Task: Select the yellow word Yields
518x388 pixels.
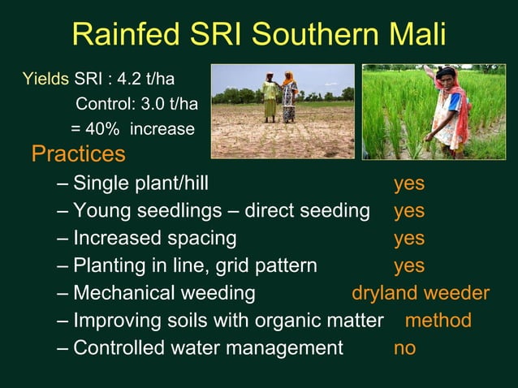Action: (x=45, y=80)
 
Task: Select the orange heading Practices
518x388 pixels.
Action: (x=78, y=153)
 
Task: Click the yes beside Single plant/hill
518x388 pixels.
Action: (x=409, y=183)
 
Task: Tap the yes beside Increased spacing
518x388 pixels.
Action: (x=409, y=239)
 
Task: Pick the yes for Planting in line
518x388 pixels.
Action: (x=409, y=266)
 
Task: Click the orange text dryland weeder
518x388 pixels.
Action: (x=421, y=293)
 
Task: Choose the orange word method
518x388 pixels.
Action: (x=438, y=321)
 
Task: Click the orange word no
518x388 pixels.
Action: (x=404, y=348)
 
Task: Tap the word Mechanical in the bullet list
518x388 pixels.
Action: (x=123, y=293)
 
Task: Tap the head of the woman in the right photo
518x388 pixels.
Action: (x=445, y=77)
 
